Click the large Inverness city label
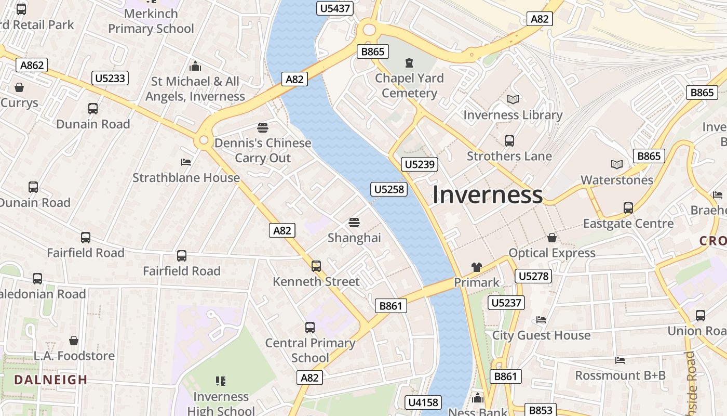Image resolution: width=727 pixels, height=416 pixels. [x=487, y=195]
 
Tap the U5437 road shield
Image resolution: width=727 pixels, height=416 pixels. [x=335, y=8]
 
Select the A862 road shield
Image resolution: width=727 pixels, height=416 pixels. [x=32, y=65]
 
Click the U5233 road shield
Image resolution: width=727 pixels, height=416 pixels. [x=110, y=78]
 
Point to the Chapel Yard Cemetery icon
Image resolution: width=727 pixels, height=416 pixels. [x=410, y=63]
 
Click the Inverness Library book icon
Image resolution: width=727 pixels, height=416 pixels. [x=513, y=99]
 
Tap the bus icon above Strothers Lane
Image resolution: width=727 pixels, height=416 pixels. [x=509, y=140]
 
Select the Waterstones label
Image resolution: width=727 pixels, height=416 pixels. [x=617, y=180]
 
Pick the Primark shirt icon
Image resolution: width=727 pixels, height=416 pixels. [x=476, y=267]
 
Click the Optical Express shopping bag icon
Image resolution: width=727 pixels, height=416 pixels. [x=552, y=238]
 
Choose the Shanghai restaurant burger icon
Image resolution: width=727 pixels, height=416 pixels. [x=354, y=223]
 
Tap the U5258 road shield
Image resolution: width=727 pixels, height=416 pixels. [x=389, y=189]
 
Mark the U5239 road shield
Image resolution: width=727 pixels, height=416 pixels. [x=420, y=164]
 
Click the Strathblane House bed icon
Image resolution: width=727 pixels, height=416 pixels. [x=186, y=162]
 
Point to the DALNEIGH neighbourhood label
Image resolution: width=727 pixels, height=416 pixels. [x=51, y=380]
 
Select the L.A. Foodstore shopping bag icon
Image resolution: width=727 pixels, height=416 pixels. [x=74, y=341]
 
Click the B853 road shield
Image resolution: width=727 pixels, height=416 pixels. [x=540, y=410]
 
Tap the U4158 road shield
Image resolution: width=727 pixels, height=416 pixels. [x=424, y=402]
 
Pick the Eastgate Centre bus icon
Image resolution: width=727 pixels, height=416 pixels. [x=628, y=208]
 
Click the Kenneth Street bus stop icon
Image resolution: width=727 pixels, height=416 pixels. [x=316, y=266]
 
